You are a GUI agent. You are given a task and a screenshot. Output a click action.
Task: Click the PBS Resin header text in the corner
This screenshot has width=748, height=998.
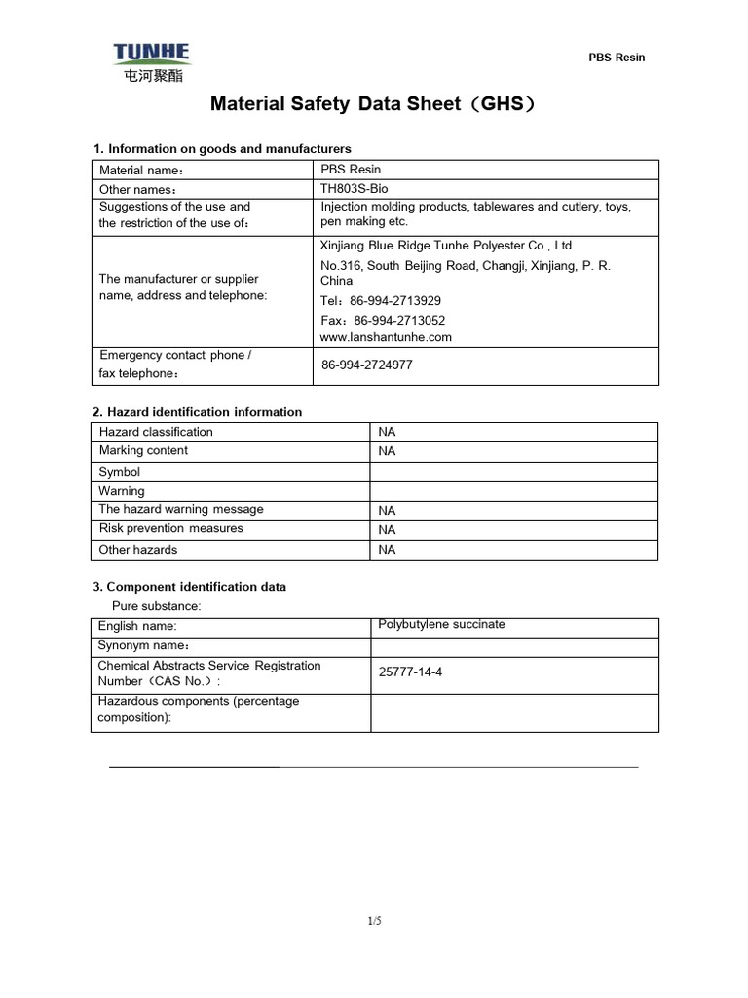[x=617, y=58]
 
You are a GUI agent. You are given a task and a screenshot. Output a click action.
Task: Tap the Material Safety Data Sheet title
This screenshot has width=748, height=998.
[x=374, y=104]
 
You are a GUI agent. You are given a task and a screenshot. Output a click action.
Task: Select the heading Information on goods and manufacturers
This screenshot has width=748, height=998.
[x=222, y=148]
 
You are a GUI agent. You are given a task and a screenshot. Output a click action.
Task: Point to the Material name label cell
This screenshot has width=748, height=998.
[x=141, y=171]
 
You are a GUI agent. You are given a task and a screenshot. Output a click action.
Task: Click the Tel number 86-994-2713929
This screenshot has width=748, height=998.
[x=381, y=301]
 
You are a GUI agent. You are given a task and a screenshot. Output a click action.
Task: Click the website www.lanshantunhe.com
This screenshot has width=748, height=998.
[x=386, y=337]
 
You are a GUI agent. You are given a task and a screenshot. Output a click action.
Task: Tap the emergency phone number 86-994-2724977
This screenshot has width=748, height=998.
[x=367, y=365]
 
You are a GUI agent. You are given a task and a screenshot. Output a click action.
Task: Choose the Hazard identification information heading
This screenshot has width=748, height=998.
[x=197, y=412]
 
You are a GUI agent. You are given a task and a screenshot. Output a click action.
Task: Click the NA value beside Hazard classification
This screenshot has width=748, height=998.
[x=387, y=432]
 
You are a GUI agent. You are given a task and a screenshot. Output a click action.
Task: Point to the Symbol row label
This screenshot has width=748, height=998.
[x=120, y=472]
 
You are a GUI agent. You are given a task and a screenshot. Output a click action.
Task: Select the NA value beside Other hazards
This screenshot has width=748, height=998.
[x=387, y=550]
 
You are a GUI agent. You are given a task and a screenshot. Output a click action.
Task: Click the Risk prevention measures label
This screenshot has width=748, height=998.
[x=171, y=528]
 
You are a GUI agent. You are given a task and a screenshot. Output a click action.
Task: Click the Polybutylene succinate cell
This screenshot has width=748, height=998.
[x=441, y=624]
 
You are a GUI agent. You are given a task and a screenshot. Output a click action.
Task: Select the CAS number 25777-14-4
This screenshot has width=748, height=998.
[x=410, y=672]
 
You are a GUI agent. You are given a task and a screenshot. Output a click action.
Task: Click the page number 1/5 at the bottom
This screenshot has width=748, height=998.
[x=374, y=920]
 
